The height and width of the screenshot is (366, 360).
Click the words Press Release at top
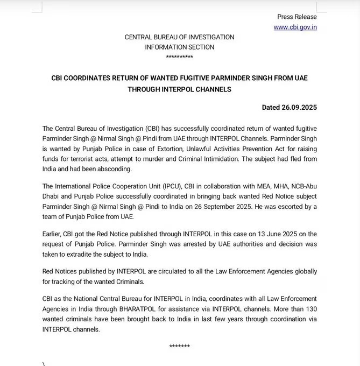(x=297, y=17)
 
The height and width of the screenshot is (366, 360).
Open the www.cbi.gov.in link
(x=295, y=27)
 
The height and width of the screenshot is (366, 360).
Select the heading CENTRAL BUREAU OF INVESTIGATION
(x=179, y=37)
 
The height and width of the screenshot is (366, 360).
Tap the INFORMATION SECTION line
(x=179, y=47)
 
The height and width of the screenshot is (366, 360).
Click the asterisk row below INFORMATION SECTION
(x=179, y=57)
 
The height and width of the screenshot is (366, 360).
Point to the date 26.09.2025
(x=299, y=107)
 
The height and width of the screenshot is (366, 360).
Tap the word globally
(x=303, y=271)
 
